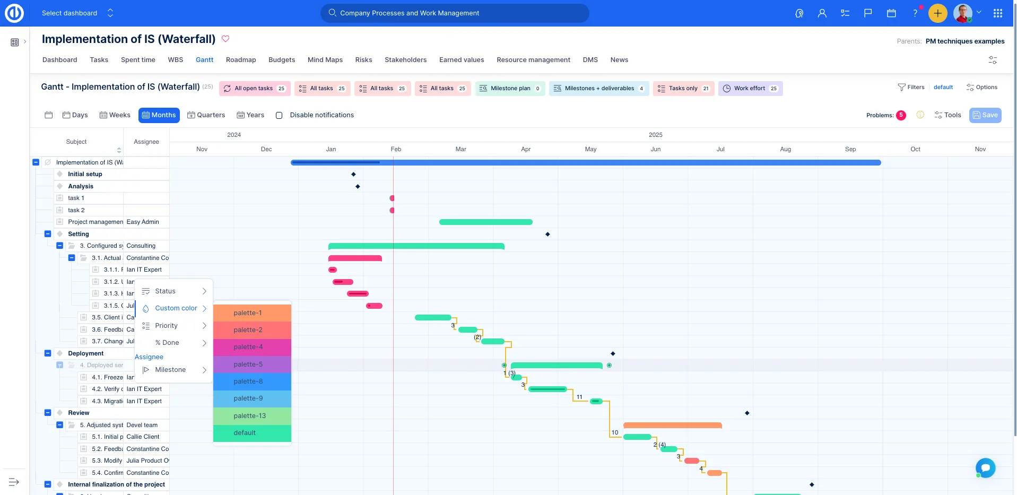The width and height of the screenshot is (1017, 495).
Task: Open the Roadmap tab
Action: tap(241, 60)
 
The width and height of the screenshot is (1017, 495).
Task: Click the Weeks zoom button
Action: tap(115, 115)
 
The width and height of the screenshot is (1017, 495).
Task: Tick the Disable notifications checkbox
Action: tap(279, 115)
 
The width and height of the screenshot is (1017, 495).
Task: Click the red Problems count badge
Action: tap(901, 115)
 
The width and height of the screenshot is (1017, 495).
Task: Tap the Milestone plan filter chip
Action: tap(510, 89)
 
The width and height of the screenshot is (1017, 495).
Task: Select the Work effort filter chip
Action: tap(750, 89)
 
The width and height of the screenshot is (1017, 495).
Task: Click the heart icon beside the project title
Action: tap(225, 39)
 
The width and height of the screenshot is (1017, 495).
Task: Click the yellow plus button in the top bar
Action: tap(937, 13)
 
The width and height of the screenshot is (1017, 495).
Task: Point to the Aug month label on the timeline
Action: tap(785, 149)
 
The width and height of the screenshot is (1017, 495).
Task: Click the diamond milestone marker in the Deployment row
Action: tap(613, 353)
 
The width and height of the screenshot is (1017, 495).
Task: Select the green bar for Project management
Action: tap(485, 222)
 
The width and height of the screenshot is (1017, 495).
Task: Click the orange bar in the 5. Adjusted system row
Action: tap(672, 425)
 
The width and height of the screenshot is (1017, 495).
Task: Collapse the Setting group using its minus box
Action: tap(48, 234)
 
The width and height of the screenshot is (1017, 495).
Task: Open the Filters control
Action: tap(911, 88)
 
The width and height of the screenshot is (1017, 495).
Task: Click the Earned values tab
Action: tap(462, 60)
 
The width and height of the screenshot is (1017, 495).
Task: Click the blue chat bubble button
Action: tap(985, 467)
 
